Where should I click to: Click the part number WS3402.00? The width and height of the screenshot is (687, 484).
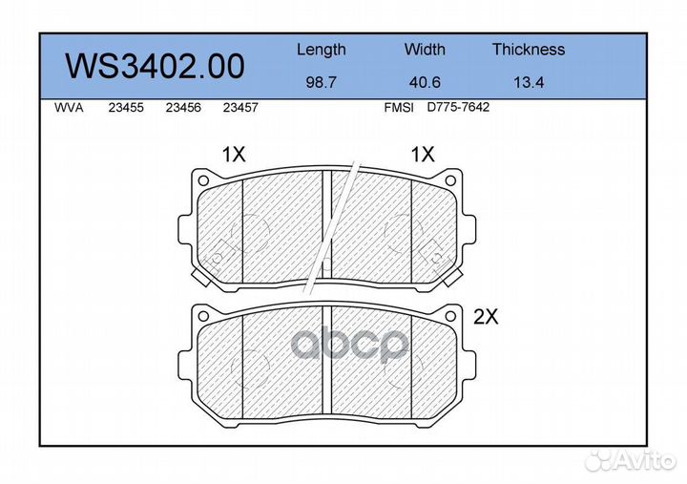[x=154, y=66]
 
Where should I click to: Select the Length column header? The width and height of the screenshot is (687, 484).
[x=321, y=50]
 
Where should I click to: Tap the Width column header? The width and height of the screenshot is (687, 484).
[x=424, y=50]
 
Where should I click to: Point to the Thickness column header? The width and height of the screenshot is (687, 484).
[x=528, y=50]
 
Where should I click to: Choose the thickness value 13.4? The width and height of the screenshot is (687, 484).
[x=528, y=82]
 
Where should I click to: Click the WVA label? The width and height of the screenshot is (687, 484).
[x=70, y=108]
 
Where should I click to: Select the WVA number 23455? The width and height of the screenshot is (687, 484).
[x=126, y=108]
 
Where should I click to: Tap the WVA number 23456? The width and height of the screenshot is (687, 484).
[x=182, y=108]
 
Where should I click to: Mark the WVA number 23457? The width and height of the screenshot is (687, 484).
[x=239, y=108]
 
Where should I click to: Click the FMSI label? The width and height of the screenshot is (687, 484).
[x=398, y=108]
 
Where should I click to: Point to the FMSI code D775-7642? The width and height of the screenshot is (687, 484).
[x=458, y=108]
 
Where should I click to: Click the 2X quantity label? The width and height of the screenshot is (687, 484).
[x=487, y=319]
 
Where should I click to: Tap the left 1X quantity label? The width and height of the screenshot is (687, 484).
[x=234, y=154]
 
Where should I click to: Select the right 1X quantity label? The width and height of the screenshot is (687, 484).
[x=422, y=154]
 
